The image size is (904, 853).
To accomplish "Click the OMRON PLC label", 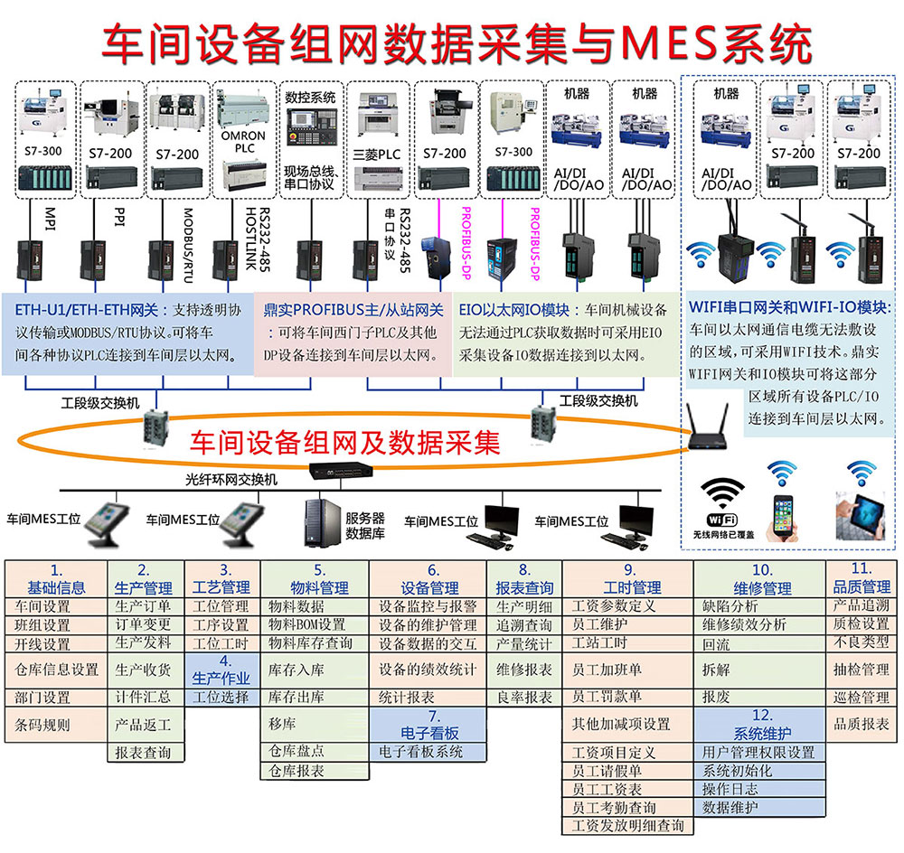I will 243,143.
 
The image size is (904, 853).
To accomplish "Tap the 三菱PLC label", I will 376,154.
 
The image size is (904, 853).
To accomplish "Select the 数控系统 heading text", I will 310,97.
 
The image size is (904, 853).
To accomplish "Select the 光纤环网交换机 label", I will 231,478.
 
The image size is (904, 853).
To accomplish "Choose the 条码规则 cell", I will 42,724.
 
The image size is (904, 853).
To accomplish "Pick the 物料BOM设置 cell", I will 307,624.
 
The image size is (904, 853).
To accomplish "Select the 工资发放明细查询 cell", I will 628,825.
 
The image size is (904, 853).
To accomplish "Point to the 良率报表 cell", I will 524,697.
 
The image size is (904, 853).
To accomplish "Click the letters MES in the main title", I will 673,41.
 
